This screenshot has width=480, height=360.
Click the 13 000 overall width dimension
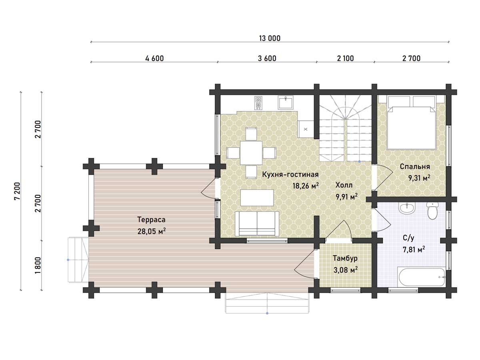[x=270, y=38]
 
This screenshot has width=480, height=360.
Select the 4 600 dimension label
[x=154, y=58]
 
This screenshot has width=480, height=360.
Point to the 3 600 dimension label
[x=267, y=58]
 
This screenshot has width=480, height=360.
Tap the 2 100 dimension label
[x=345, y=58]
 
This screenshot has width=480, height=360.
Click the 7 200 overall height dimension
[x=17, y=191]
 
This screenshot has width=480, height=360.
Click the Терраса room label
[x=151, y=220]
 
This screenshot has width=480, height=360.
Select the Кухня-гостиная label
[x=290, y=174]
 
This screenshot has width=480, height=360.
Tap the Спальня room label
[x=415, y=166]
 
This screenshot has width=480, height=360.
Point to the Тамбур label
[x=345, y=258]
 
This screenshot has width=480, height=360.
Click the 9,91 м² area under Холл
[x=347, y=197]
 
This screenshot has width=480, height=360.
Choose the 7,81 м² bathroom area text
[x=414, y=249]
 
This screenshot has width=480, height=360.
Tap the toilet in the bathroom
[x=432, y=210]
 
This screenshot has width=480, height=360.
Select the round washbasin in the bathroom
[x=407, y=208]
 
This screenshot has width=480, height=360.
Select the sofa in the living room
[x=257, y=224]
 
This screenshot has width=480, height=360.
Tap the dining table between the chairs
[x=251, y=152]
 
